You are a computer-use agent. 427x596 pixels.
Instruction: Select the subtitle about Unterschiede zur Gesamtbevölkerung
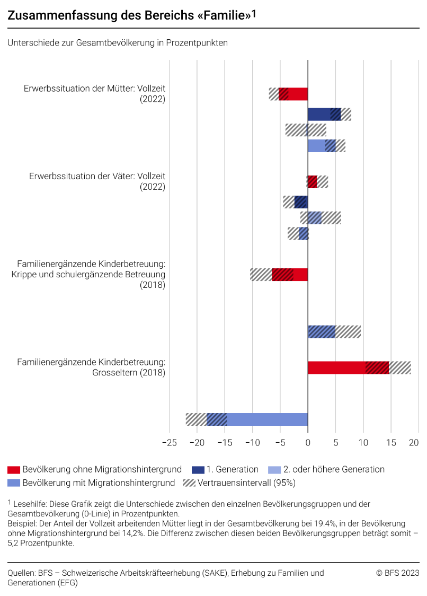118,43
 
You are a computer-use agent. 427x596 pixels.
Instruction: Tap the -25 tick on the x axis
169,442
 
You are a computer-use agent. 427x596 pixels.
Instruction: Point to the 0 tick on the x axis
308,442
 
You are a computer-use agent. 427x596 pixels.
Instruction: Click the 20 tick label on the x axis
414,442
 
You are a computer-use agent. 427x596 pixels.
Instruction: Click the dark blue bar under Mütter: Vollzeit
324,114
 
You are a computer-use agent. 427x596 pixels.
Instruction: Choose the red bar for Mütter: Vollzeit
293,94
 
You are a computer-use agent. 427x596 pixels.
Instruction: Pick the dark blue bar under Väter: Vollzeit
301,202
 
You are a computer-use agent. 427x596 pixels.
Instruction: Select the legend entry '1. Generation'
232,469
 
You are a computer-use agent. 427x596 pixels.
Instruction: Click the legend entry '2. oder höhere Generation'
334,469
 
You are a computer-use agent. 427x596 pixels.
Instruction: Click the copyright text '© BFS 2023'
397,573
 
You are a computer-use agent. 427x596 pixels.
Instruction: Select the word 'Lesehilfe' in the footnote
29,504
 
